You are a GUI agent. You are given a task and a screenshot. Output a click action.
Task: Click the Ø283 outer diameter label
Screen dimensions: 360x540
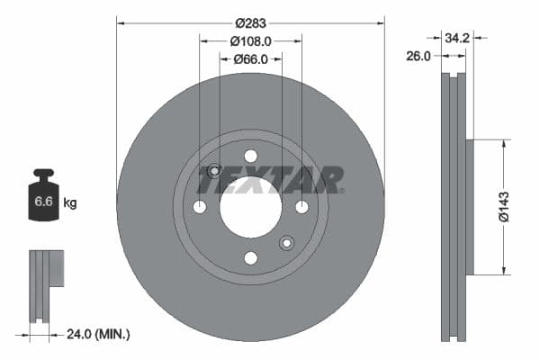[250, 23]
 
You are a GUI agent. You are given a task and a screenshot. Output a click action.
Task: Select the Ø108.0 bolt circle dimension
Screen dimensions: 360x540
[250, 40]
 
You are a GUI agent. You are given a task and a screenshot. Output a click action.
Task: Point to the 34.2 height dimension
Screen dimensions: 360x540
[457, 38]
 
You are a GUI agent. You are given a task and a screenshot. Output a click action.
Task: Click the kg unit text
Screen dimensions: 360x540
[70, 203]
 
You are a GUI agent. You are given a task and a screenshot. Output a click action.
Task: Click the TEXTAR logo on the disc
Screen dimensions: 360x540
[270, 181]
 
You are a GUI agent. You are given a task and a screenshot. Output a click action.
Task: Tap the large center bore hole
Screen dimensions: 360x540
[250, 207]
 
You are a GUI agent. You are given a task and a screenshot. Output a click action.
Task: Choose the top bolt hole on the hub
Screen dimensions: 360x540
[250, 156]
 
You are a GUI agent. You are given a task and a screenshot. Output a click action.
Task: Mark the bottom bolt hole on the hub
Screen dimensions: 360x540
[250, 258]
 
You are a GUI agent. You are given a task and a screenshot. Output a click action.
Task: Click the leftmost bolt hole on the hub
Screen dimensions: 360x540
[200, 207]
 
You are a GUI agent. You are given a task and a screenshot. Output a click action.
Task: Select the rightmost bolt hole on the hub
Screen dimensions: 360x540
[301, 207]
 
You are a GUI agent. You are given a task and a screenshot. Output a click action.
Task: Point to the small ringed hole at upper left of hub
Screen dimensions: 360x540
[214, 171]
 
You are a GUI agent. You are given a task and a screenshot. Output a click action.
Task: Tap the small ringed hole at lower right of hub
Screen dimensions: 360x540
[286, 242]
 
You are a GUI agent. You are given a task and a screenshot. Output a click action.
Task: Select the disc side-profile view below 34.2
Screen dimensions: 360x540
[455, 207]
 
